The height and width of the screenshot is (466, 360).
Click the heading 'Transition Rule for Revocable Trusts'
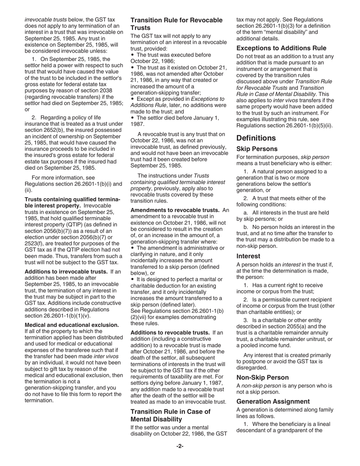coord(177,24)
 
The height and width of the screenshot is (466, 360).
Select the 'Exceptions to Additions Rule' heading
coord(281,48)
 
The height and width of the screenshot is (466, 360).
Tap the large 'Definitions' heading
coord(256,138)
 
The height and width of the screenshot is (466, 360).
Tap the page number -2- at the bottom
coord(180,446)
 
